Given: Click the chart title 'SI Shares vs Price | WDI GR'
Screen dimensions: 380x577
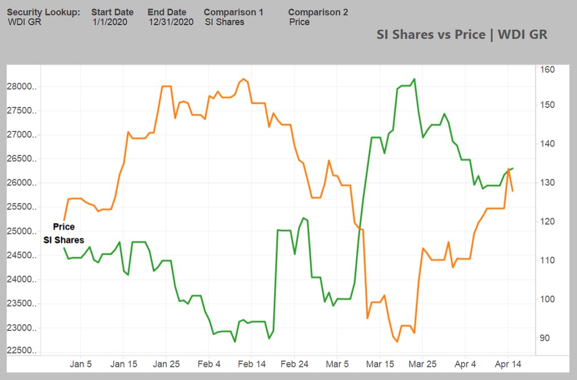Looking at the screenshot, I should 461,34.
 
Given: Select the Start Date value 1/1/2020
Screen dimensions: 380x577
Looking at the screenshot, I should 110,22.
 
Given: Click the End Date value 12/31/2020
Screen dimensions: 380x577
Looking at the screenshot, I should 171,22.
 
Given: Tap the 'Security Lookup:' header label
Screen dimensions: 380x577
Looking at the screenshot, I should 43,12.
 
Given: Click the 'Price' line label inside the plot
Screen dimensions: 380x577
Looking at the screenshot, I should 64,227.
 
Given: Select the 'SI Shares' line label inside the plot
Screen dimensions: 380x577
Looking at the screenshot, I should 64,240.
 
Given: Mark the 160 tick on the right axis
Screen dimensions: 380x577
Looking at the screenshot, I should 547,69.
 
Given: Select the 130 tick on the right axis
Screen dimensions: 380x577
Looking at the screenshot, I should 547,183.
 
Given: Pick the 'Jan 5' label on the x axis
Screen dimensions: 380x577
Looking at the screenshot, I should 81,364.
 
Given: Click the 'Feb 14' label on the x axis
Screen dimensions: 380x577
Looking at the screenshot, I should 252,364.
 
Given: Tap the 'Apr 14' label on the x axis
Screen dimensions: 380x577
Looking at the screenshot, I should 508,364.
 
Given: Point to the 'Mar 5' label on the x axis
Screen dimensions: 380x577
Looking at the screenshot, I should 337,364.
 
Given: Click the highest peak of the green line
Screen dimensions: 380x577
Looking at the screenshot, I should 414,79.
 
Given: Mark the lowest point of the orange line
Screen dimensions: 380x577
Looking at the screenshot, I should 397,342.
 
